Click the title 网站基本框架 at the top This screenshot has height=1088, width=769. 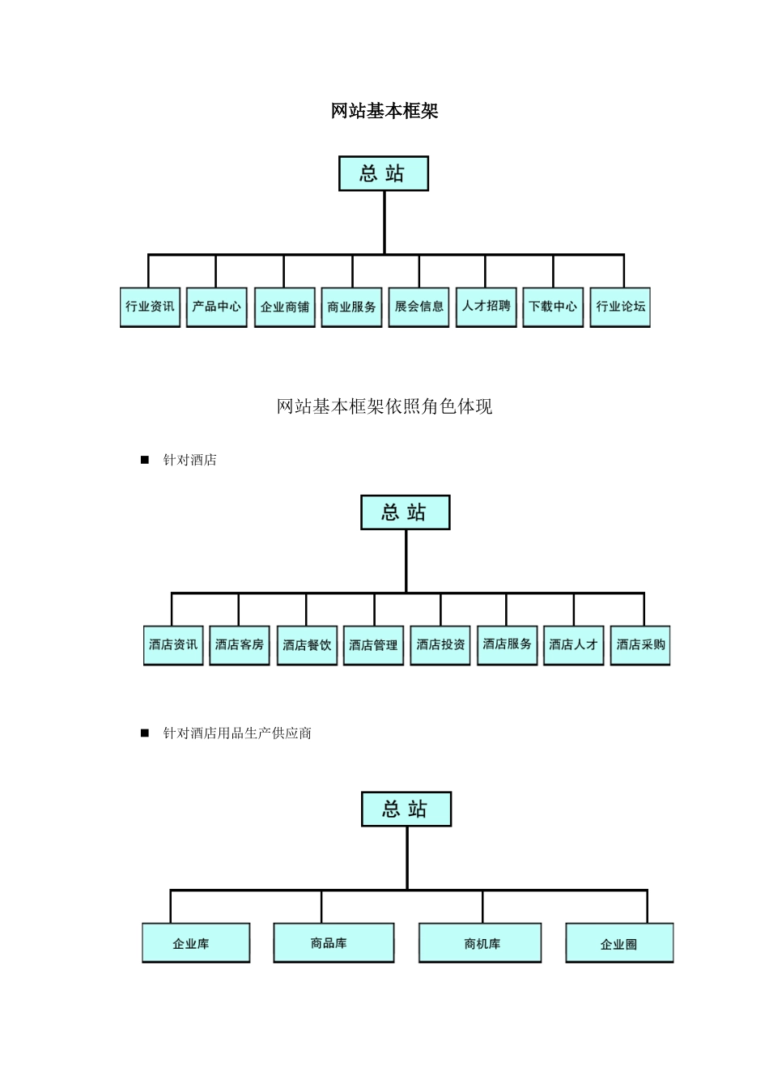(384, 111)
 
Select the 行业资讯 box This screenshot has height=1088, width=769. (150, 307)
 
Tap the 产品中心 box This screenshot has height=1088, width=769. (216, 307)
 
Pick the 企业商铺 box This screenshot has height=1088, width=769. (284, 307)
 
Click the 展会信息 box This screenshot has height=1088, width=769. (418, 307)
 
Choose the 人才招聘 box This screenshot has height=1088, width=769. (486, 307)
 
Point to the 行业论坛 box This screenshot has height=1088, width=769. (620, 307)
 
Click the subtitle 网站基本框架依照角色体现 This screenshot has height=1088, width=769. (384, 406)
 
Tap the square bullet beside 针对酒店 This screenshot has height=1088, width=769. (145, 460)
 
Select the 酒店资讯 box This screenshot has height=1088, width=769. (173, 645)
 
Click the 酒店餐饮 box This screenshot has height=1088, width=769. (307, 645)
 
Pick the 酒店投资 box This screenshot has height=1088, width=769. (440, 645)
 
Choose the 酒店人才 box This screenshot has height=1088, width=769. (573, 645)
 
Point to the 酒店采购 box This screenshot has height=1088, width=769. (640, 645)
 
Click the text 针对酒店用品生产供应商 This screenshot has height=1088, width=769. (237, 733)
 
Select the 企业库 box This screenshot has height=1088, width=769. (196, 943)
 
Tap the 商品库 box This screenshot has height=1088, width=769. (334, 943)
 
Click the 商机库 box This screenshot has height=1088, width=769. (480, 943)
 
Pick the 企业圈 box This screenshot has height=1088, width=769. (619, 943)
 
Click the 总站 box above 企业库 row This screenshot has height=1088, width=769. (406, 810)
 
